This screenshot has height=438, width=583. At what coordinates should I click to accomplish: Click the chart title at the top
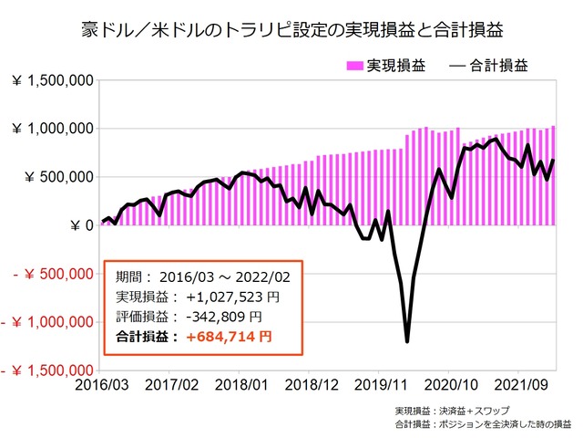tap(291, 30)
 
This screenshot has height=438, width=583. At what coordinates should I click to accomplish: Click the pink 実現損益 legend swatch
tap(353, 66)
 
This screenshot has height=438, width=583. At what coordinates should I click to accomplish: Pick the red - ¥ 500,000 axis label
tap(51, 274)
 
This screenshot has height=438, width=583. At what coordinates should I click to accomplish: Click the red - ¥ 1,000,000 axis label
tap(46, 322)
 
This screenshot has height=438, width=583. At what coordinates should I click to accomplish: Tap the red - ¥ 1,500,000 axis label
tap(46, 370)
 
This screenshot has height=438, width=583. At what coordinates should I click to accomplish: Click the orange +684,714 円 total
tap(227, 338)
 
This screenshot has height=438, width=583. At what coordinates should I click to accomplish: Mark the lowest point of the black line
tap(406, 341)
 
